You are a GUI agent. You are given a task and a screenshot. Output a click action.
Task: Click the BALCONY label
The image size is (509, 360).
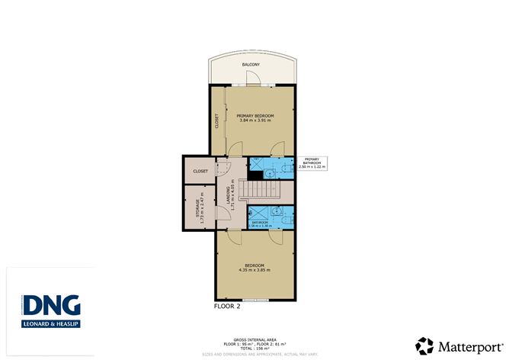tap(251, 65)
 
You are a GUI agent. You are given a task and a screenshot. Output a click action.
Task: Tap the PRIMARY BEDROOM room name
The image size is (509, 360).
tap(255, 115)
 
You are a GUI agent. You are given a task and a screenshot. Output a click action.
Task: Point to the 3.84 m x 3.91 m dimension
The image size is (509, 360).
tap(255, 121)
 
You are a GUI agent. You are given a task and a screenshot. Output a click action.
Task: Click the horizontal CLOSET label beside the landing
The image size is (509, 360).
tap(200, 171)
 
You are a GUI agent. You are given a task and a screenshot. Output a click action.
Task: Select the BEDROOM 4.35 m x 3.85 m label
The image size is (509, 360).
tap(254, 267)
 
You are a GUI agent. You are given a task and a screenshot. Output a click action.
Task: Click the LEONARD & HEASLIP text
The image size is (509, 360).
tap(51, 324)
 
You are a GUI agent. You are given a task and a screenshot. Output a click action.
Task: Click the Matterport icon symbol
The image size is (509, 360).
tap(424, 344)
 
